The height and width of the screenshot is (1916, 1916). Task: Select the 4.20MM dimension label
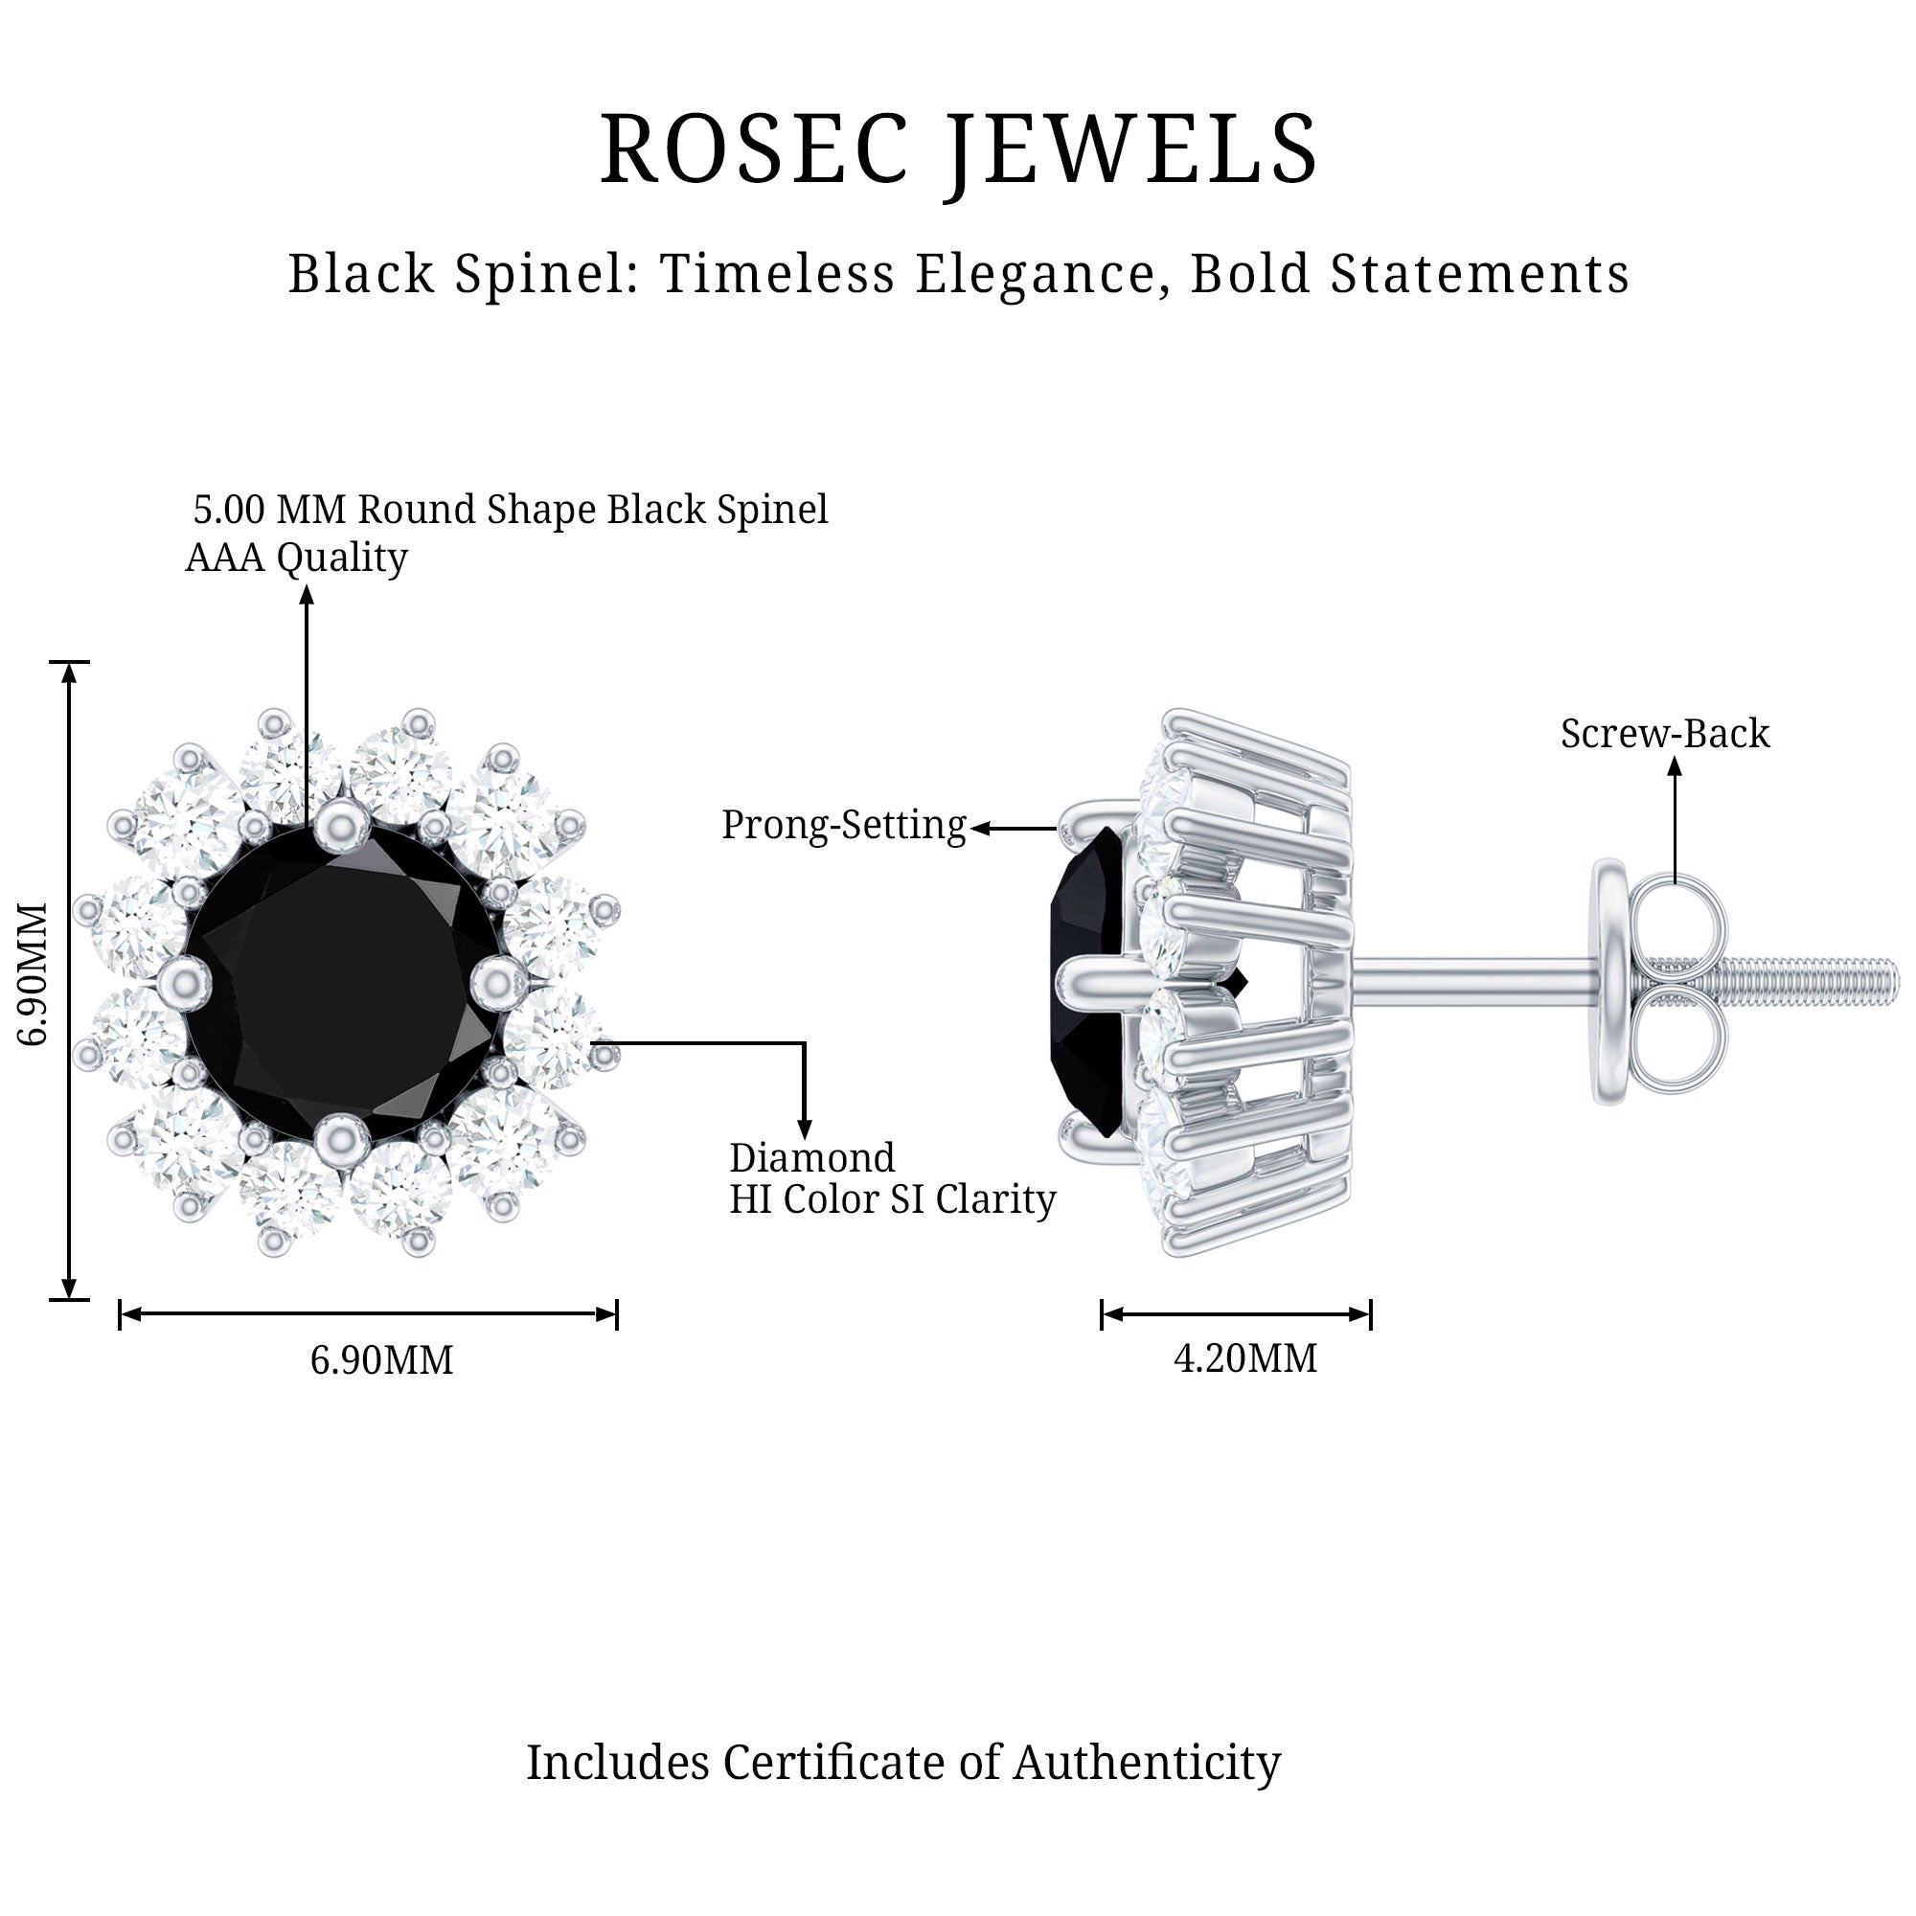coord(1244,1357)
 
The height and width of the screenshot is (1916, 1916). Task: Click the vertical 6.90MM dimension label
coord(34,974)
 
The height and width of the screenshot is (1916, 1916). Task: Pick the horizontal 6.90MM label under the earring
coord(382,1359)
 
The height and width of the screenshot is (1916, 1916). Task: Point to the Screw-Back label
coord(1665,734)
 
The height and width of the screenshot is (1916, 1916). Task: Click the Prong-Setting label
coord(843,825)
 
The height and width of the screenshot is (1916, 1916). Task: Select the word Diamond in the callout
coord(812,1158)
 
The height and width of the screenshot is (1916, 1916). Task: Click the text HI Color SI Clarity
coord(893,1200)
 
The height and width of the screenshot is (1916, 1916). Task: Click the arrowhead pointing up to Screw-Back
coord(1674,765)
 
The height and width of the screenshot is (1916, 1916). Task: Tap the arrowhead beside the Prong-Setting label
coord(981,828)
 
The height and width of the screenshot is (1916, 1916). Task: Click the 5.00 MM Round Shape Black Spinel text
coord(511,510)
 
